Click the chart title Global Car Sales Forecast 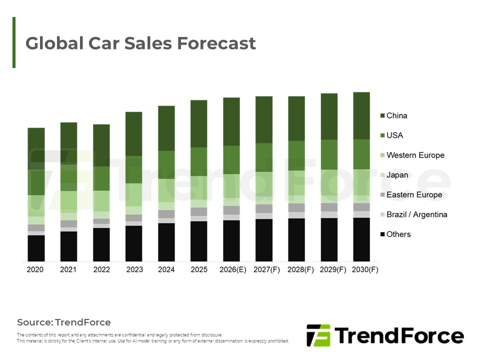tap(140, 43)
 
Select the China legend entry tap(397, 115)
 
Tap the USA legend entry tap(394, 135)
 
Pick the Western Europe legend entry tap(415, 155)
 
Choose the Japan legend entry tap(397, 175)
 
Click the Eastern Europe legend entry tap(414, 194)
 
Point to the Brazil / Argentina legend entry tap(416, 214)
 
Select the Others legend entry tap(398, 234)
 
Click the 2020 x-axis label tap(35, 269)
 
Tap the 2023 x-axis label tap(134, 269)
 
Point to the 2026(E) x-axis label tap(233, 269)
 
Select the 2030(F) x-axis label tap(365, 269)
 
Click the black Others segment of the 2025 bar tap(199, 241)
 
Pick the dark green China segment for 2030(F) tap(361, 115)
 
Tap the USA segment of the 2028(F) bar tap(296, 155)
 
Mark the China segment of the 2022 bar tap(101, 145)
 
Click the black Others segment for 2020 tap(36, 248)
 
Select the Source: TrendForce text tap(64, 322)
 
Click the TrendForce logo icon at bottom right tap(318, 335)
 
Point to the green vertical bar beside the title tap(14, 42)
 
